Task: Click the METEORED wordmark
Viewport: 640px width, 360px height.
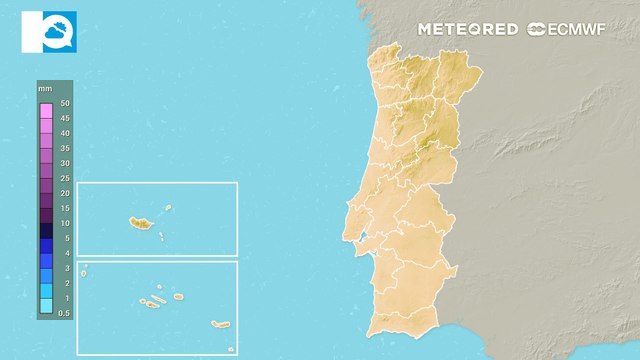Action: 467,29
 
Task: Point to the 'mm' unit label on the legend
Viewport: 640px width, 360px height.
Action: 45,90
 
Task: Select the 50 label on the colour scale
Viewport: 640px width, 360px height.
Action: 64,103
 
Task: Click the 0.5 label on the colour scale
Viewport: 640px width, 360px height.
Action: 64,313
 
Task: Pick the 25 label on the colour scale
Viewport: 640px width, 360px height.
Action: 64,178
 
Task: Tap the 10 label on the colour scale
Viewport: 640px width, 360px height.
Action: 64,223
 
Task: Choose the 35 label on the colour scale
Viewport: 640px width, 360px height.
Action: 64,148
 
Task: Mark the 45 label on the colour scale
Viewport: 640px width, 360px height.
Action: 64,118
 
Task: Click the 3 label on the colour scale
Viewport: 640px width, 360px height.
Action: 64,268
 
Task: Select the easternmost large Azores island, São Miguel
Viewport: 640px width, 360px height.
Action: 220,324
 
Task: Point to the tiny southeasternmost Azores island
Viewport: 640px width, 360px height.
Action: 230,348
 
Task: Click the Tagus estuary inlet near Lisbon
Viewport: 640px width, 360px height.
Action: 365,237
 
